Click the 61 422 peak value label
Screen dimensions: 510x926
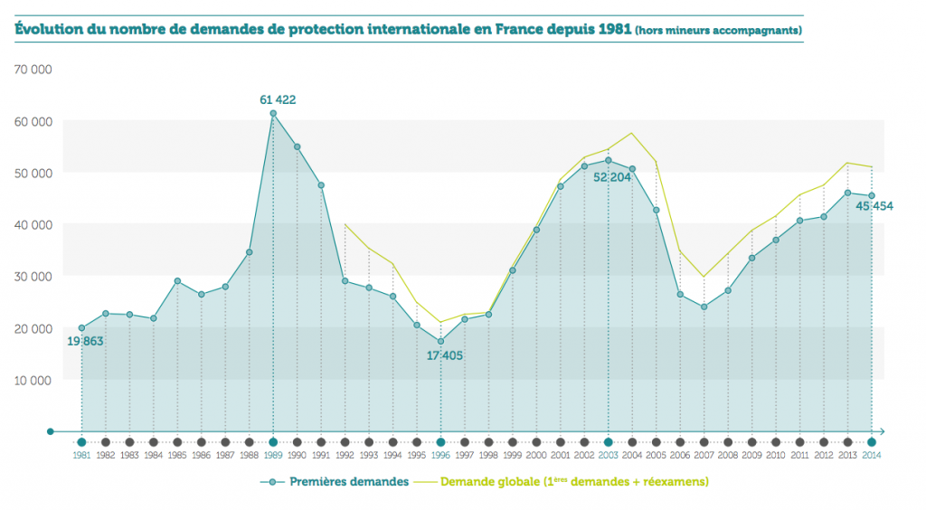278,99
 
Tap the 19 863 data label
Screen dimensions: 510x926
86,340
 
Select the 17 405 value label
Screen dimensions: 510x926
444,355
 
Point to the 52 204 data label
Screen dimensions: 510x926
612,176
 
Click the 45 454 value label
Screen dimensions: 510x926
874,206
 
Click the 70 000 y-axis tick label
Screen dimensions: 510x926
33,69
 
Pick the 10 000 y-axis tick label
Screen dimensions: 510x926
33,380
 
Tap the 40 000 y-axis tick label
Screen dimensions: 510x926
33,224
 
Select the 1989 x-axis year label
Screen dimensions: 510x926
273,455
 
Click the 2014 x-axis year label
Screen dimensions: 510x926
872,455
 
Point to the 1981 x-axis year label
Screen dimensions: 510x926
81,455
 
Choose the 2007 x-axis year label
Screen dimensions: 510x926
704,455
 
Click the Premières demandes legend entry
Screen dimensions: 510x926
337,482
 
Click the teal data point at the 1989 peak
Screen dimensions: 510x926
273,113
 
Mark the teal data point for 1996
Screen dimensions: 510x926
440,341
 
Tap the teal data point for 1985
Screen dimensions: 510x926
177,281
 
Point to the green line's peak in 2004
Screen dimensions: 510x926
632,133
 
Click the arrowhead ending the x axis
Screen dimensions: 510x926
882,431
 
